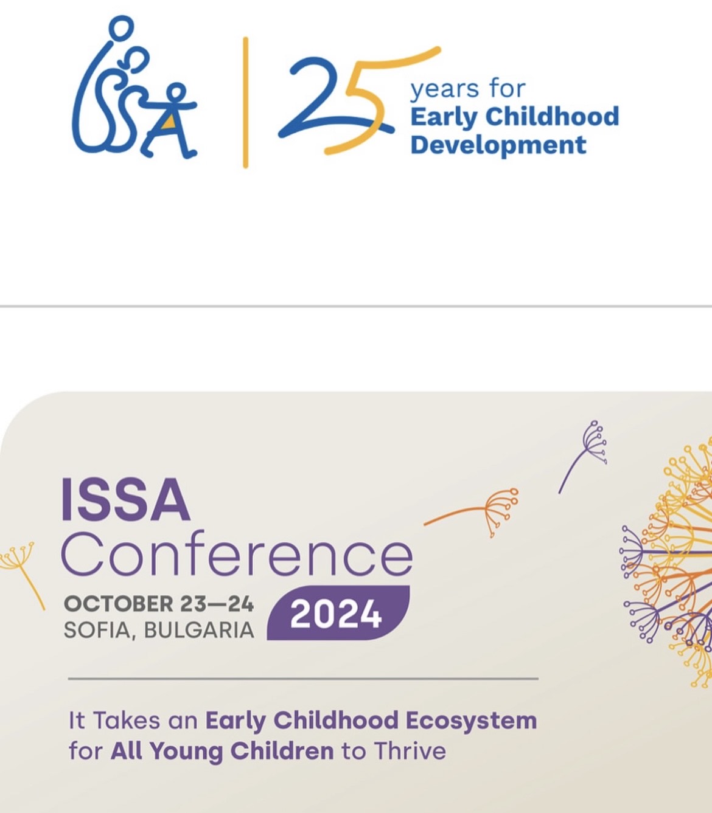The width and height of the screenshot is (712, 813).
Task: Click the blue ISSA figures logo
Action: [134, 88]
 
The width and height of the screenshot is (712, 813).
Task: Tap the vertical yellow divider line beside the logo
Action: [246, 103]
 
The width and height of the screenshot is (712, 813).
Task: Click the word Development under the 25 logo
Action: [498, 145]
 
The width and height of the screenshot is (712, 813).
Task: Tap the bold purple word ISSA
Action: [125, 499]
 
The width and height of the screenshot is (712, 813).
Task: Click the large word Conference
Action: [237, 554]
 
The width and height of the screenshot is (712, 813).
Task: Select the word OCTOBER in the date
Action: [119, 604]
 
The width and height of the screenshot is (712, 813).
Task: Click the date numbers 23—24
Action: [217, 604]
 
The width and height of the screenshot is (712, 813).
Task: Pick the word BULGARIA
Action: [199, 630]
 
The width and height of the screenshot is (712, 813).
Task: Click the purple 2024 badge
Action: [338, 612]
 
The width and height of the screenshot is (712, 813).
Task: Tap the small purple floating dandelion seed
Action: [583, 456]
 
